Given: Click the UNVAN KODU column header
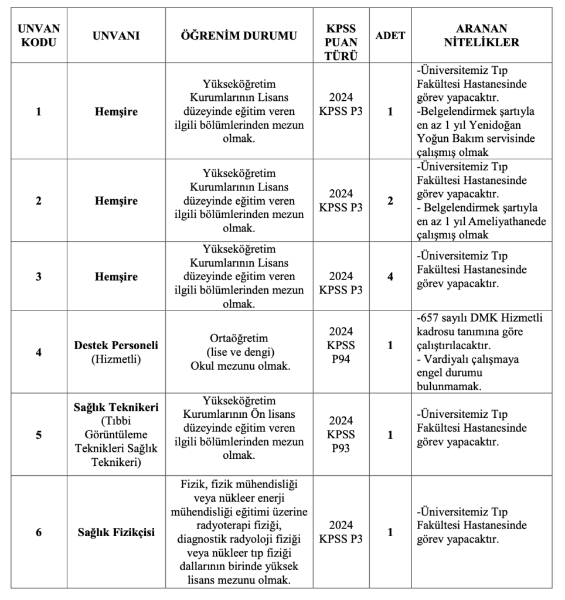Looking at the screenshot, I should pos(39,35).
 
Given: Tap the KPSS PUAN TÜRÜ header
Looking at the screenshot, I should pos(341,35).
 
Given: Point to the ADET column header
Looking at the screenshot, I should pos(390,35).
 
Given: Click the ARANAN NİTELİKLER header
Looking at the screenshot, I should pos(482,35).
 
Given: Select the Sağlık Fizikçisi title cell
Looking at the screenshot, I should pos(116,533).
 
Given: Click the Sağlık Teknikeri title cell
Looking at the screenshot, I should pos(116,407).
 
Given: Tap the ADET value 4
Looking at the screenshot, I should pos(390,275).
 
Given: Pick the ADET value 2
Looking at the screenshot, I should pos(390,200).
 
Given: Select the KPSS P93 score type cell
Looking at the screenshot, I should pos(341,435).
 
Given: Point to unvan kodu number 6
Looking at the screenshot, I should pos(39,533).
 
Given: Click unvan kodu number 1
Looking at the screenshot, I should pos(39,111).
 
